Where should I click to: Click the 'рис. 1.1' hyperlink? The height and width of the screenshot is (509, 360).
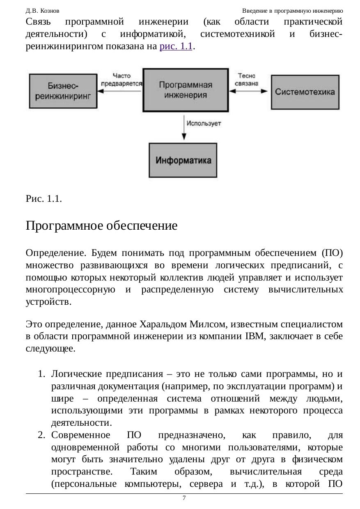(176, 46)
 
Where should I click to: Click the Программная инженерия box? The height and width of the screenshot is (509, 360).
(186, 90)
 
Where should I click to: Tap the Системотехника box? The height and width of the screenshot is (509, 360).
(305, 92)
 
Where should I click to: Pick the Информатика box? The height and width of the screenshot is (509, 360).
(183, 160)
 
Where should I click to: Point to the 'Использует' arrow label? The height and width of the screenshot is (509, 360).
(204, 123)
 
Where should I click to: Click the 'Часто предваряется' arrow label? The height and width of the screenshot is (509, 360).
(121, 79)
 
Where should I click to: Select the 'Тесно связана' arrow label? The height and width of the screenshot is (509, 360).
(247, 79)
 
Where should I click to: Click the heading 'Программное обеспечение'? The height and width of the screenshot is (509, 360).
(101, 226)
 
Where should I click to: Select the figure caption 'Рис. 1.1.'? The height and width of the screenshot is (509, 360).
(44, 199)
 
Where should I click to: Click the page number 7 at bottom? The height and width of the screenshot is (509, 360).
(184, 498)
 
